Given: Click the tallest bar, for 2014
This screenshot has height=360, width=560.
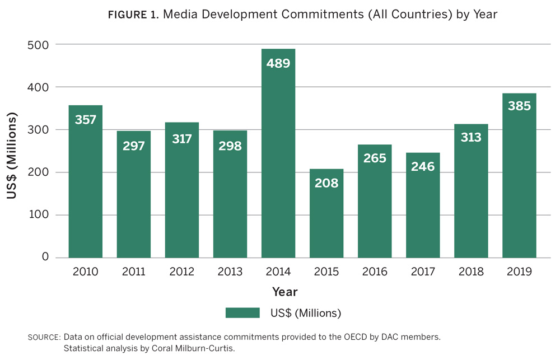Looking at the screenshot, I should click(278, 162).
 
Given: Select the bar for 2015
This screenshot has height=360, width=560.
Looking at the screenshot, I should click(326, 218).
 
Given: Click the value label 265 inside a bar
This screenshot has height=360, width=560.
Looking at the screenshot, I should click(375, 158).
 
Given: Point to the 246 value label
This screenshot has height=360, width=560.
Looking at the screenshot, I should click(423, 166).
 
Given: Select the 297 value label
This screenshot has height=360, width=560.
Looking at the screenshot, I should click(134, 146).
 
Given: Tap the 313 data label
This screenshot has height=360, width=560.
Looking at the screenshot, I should click(471, 138).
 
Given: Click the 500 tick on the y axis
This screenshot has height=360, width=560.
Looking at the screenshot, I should click(38, 45).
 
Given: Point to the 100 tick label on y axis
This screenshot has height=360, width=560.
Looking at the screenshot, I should click(38, 215).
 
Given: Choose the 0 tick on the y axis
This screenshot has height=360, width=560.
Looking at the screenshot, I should click(45, 258).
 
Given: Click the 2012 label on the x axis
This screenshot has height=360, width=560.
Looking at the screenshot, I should click(182, 272).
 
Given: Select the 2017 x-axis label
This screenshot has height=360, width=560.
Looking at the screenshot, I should click(423, 272).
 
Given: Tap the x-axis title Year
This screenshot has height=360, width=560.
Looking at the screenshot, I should click(284, 292).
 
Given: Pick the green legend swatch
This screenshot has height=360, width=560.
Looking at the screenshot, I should click(242, 312).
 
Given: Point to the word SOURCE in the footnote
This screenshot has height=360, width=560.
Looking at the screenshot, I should click(44, 338).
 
